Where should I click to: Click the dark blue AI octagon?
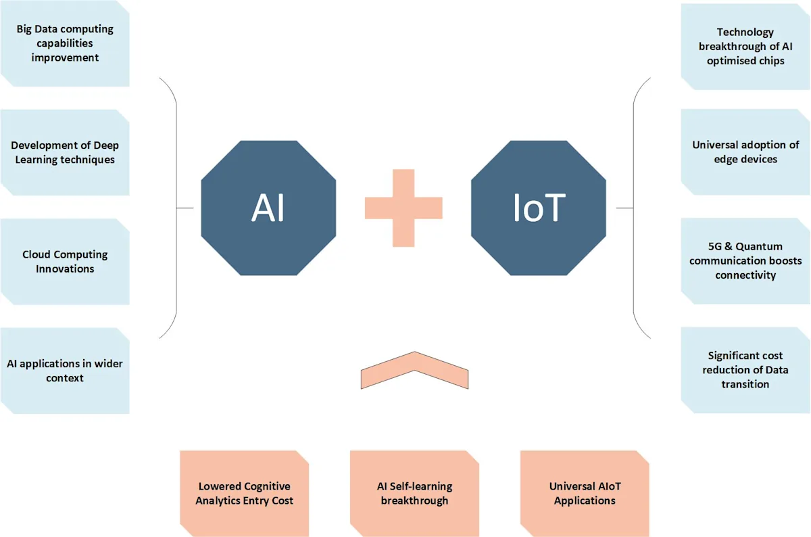(x=268, y=208)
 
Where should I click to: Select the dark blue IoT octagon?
(x=539, y=208)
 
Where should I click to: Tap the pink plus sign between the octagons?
(x=403, y=208)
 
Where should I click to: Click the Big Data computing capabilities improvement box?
(x=65, y=43)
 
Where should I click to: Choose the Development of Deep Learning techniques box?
(x=65, y=153)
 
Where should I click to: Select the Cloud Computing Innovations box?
(x=65, y=262)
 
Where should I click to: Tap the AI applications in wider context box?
(x=65, y=371)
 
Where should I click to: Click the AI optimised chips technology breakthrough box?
(x=745, y=47)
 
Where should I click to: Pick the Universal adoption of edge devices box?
(x=745, y=151)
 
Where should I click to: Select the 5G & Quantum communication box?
(x=745, y=261)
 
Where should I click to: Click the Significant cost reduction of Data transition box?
(x=745, y=370)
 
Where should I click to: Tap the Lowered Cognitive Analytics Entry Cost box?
(x=245, y=494)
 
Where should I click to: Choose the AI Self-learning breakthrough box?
(x=414, y=494)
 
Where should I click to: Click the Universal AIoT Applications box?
(x=585, y=494)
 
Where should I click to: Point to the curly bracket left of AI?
(x=176, y=208)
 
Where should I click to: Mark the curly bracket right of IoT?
(x=634, y=208)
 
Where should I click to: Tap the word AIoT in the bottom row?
(x=606, y=486)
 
